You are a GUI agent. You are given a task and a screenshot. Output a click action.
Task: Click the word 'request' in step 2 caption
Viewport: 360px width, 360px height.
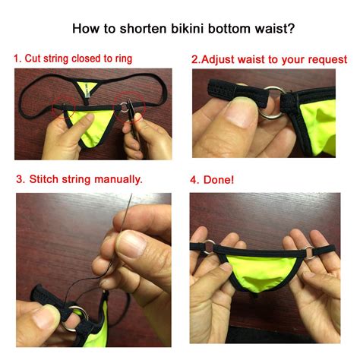324,58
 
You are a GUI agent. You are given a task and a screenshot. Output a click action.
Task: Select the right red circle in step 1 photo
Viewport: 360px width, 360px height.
125,106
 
